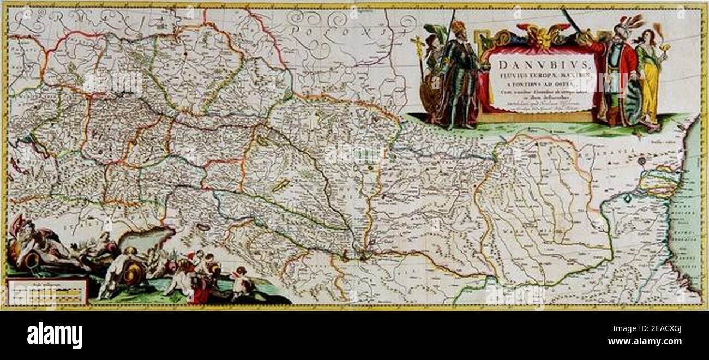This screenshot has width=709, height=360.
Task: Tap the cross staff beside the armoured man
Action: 420,60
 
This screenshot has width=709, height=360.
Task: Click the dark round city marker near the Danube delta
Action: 642,161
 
